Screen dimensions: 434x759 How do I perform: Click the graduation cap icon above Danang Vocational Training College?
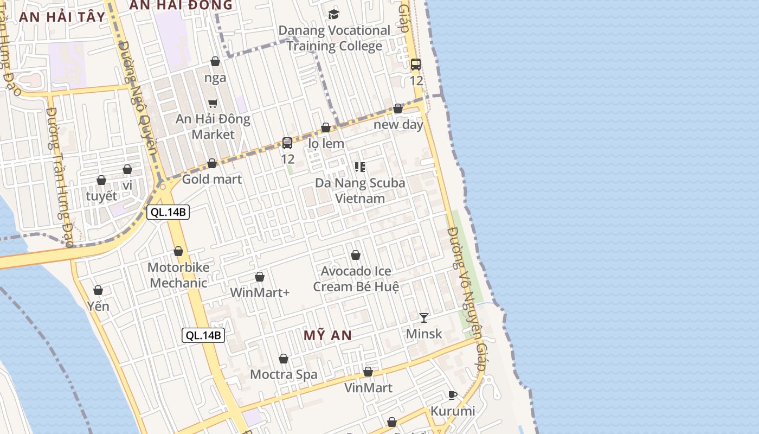[333, 14]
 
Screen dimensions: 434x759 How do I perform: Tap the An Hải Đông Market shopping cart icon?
[213, 103]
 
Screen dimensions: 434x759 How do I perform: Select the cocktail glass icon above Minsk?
[424, 317]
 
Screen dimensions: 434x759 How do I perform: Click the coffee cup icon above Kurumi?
[453, 395]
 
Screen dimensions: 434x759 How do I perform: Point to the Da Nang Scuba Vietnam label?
[360, 190]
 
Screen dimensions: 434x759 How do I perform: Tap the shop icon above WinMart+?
[260, 277]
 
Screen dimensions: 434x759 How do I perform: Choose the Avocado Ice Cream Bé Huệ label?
[356, 278]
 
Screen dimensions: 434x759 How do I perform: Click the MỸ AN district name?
[327, 335]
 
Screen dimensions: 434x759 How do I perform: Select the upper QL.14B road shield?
[168, 212]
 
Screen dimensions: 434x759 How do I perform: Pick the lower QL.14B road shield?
[203, 335]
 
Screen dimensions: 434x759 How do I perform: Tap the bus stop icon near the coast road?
[416, 65]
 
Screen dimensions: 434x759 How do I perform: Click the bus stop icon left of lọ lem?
[287, 143]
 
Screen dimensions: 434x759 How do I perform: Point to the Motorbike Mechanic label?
[178, 275]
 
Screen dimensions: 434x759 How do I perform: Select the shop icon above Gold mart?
[212, 163]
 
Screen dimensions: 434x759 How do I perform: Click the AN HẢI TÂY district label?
[62, 16]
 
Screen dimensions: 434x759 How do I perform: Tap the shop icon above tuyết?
[101, 180]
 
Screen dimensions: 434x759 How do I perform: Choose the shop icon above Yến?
[98, 290]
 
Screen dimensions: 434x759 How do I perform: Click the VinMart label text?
[368, 388]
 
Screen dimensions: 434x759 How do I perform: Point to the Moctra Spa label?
[284, 374]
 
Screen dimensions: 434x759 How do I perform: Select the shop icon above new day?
[398, 108]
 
